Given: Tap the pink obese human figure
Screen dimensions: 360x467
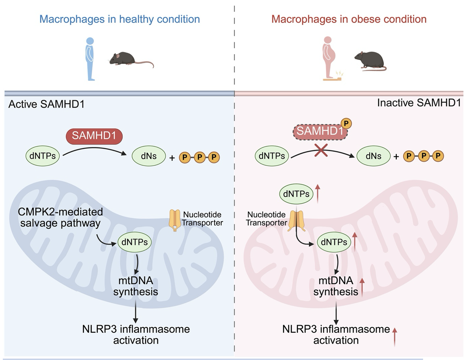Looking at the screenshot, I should pos(329,57).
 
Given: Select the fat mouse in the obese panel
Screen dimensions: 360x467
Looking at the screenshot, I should pos(370,61).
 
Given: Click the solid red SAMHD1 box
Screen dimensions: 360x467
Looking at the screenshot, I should pos(94,136).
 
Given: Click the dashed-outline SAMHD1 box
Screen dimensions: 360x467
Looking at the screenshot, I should pos(320,131).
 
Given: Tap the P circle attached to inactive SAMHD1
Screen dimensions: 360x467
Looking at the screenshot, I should pos(346,123).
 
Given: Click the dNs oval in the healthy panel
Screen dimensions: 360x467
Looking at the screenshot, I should pos(149,156).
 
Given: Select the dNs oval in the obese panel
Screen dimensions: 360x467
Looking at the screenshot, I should pos(373,156).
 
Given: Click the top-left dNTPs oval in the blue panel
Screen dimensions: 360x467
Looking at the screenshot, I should pos(43,156).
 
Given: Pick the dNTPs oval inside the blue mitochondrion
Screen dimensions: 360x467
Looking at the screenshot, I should pos(135,242).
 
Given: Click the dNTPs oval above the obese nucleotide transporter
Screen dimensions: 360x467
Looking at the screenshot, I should pos(296,194).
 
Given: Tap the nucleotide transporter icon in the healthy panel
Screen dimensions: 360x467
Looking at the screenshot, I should pos(175,220).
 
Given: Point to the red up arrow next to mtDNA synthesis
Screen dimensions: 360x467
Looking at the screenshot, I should pos(362,287).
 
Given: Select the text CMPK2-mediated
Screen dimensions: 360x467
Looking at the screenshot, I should pos(60,212).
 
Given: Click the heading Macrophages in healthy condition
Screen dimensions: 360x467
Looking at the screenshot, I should pos(119,19).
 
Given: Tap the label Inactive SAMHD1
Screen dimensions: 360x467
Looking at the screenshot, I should pos(419,103).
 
